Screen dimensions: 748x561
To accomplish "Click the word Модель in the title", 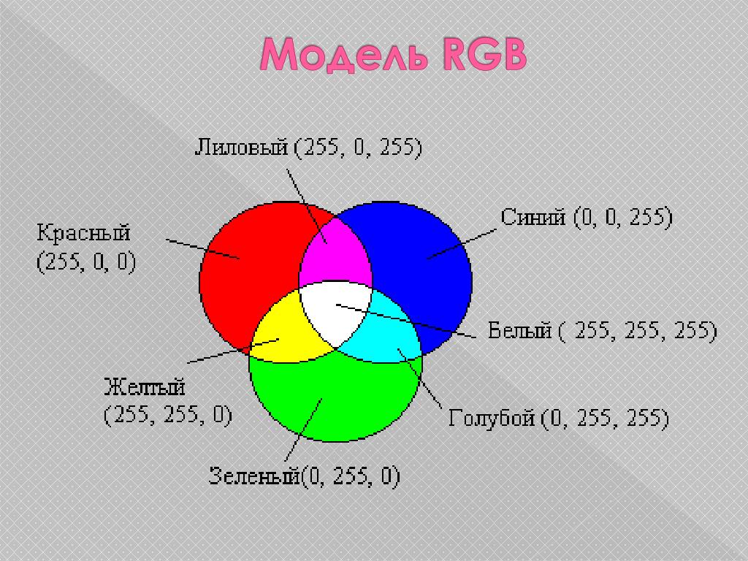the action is click(x=343, y=55).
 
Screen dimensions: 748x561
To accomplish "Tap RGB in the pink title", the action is click(x=484, y=54).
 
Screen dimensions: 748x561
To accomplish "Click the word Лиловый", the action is click(x=242, y=148).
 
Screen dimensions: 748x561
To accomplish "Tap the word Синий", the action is click(x=533, y=217).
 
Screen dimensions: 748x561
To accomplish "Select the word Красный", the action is click(x=83, y=234).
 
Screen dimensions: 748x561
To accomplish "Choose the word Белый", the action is click(x=520, y=330).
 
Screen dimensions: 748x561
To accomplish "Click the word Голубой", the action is click(x=492, y=419).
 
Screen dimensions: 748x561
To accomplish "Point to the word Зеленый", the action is click(x=254, y=476).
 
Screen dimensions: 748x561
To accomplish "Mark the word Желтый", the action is click(x=144, y=386).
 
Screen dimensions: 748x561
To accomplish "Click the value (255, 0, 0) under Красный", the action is click(x=86, y=262).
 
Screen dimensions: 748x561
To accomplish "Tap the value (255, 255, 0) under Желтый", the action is click(x=168, y=415).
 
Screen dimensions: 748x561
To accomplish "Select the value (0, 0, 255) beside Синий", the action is click(x=623, y=218).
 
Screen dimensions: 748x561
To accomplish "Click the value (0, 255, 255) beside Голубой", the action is click(x=605, y=419).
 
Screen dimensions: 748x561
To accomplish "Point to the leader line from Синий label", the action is click(x=462, y=244).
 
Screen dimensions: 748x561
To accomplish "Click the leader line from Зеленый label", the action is click(x=303, y=430).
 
